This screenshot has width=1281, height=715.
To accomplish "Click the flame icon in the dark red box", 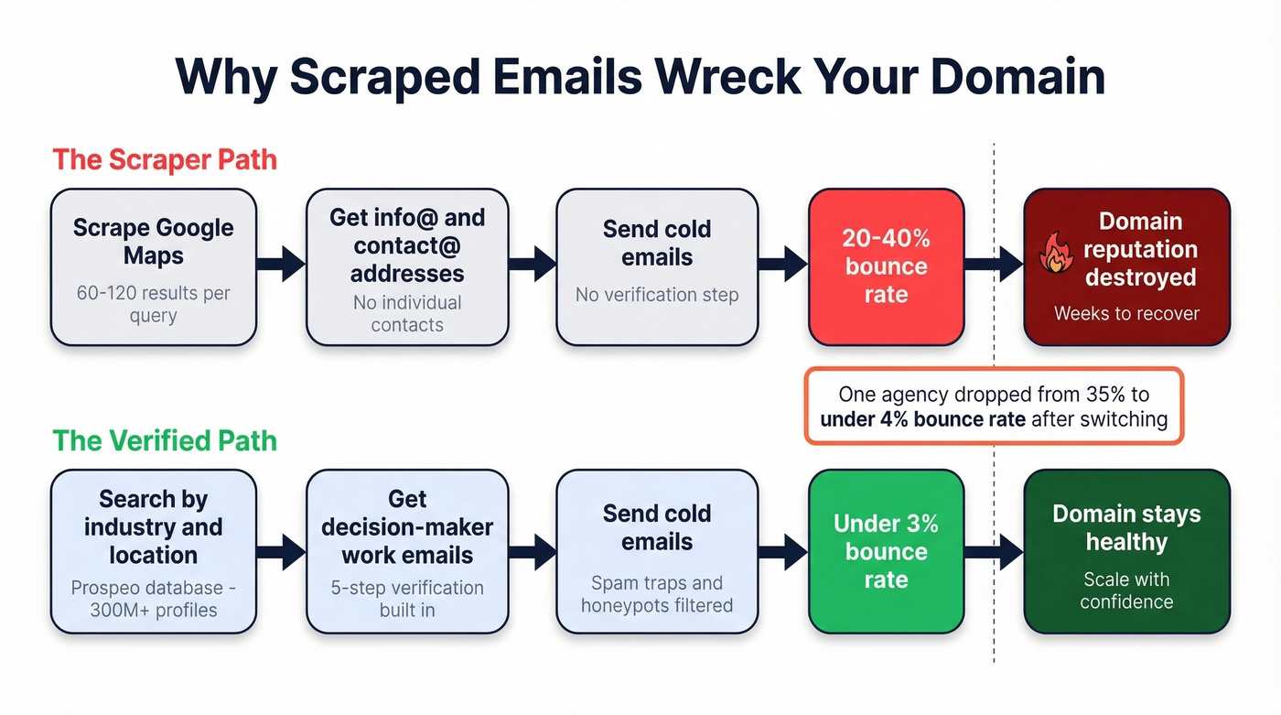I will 1057,252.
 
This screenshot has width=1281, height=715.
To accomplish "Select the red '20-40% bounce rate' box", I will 886,266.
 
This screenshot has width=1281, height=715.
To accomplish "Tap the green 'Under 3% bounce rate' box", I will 886,551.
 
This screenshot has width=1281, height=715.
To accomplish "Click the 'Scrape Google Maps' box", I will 153,266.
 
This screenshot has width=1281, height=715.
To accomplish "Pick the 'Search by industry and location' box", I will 153,551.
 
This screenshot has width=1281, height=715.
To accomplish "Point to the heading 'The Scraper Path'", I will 165,159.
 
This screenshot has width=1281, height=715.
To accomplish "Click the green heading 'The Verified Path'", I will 165,440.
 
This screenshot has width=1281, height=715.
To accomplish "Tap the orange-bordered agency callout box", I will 994,407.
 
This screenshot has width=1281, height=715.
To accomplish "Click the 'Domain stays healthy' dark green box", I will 1126,551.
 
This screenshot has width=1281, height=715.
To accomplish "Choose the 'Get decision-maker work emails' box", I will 407,551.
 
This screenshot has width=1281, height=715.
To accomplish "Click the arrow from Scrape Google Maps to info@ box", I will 281,264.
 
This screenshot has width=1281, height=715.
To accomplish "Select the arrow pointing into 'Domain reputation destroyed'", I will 993,264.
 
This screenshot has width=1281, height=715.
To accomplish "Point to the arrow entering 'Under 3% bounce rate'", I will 783,552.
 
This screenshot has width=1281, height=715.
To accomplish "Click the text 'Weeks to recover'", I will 1126,314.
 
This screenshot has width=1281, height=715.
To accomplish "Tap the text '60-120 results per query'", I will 153,305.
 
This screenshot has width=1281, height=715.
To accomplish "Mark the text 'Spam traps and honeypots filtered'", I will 657,594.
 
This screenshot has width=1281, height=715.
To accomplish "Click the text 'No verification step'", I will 657,295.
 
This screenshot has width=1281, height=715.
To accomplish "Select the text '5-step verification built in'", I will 407,599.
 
